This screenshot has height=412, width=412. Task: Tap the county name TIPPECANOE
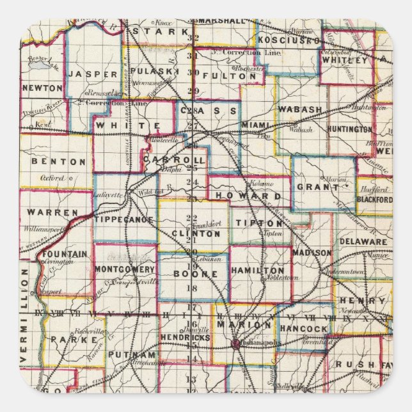coord(125,219)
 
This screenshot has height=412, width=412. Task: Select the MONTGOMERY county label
coord(125,269)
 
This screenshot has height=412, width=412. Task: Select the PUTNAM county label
coord(132,354)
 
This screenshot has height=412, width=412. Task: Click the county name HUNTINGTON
coord(349,129)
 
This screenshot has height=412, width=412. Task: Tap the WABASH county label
coord(300,109)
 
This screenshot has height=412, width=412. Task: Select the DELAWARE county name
coord(363,242)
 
